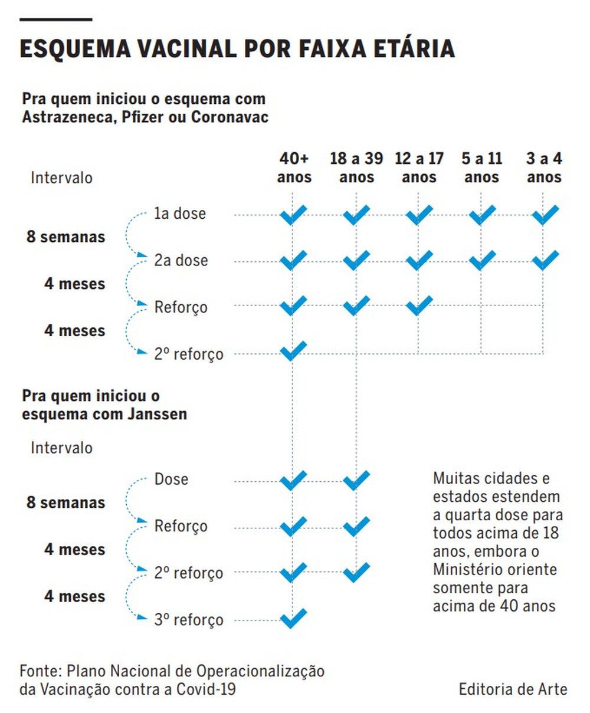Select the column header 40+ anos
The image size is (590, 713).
(x=294, y=167)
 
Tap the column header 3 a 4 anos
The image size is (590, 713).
(x=544, y=167)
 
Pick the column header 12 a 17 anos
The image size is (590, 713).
(x=419, y=167)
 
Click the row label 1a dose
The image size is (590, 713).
(x=180, y=213)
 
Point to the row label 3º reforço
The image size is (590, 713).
(x=189, y=620)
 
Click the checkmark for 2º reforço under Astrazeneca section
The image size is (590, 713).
(x=293, y=351)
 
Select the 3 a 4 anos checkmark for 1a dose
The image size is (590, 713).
(x=545, y=215)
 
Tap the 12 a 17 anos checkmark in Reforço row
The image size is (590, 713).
(x=419, y=305)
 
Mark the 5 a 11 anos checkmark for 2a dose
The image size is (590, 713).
(x=482, y=259)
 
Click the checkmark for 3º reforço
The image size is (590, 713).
(x=293, y=618)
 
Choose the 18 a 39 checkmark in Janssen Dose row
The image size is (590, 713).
(x=356, y=480)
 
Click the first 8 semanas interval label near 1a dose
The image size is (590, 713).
(x=65, y=237)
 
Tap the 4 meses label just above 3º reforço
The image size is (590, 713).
(x=74, y=596)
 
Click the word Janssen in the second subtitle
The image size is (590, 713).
(x=157, y=414)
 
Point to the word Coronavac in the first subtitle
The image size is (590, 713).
(x=230, y=117)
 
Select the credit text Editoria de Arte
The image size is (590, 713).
(x=513, y=689)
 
